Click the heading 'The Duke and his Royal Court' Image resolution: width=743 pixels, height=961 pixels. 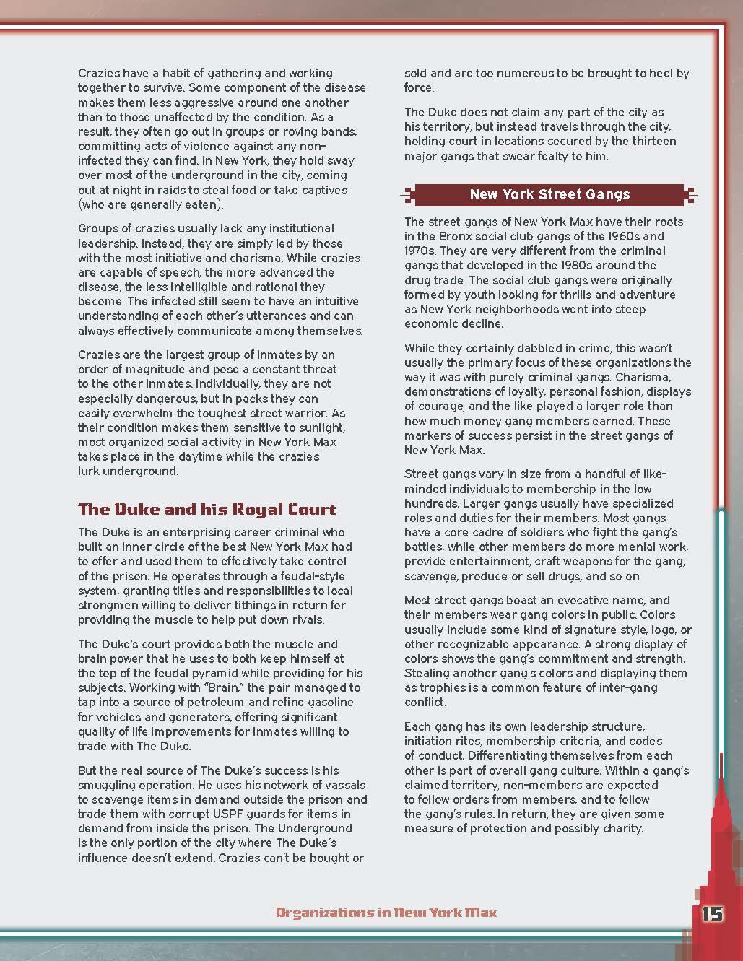tap(207, 510)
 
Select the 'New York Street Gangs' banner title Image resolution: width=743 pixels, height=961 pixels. tap(549, 194)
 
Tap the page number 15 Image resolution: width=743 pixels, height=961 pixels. tap(712, 913)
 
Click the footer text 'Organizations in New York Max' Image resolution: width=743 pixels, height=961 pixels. tap(386, 913)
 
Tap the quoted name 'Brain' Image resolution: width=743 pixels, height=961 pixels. tap(225, 687)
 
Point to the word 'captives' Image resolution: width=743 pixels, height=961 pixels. tap(320, 190)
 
